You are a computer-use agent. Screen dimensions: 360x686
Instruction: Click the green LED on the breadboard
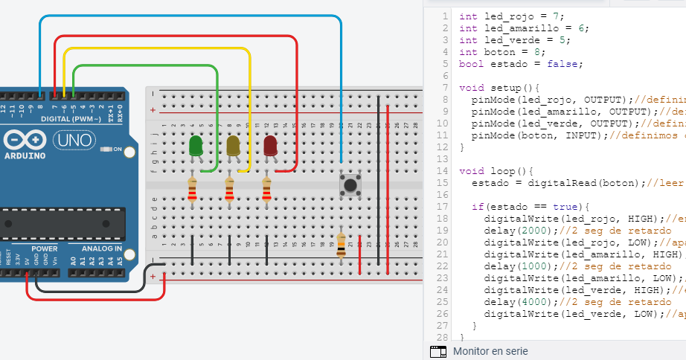(x=196, y=146)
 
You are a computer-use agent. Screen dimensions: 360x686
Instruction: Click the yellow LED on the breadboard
(x=233, y=146)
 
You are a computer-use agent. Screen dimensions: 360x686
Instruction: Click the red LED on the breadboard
(x=270, y=146)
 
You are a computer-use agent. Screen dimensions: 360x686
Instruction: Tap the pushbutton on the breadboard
(x=347, y=184)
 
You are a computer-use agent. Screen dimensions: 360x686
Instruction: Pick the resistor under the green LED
(x=193, y=190)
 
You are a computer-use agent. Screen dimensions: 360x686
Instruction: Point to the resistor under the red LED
(x=267, y=190)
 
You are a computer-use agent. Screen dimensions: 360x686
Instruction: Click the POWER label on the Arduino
(x=45, y=248)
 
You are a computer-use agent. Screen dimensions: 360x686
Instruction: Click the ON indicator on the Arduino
(x=117, y=150)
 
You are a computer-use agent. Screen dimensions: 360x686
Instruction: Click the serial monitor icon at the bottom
(x=438, y=350)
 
